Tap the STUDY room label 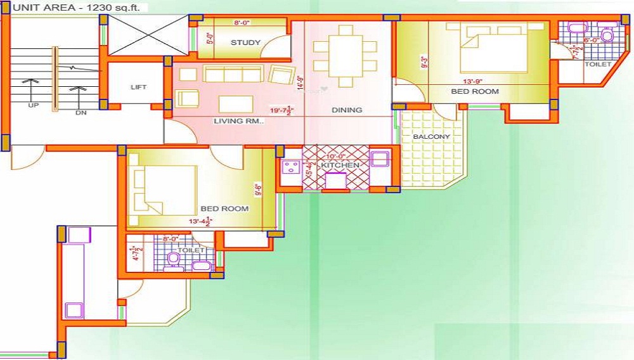coord(245,43)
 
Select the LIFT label coord(138,87)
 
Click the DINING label coord(347,110)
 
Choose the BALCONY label coord(432,137)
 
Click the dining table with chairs coord(346,56)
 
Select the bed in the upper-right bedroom coord(494,49)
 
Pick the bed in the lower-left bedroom coord(163,190)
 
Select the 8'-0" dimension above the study coord(242,23)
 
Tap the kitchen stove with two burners coord(292,169)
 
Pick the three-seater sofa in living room coord(233,74)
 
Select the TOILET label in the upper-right coord(597,65)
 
